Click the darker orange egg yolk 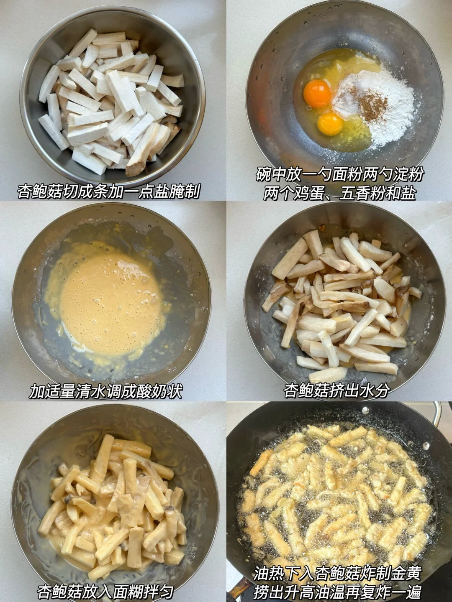317,93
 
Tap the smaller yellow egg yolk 331,124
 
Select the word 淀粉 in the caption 408,174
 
